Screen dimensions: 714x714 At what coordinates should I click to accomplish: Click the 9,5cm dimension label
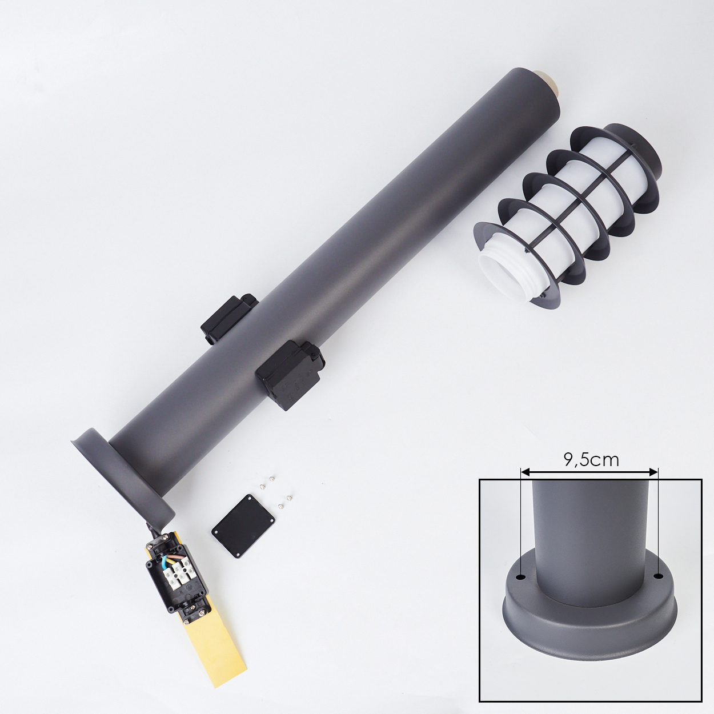(x=591, y=460)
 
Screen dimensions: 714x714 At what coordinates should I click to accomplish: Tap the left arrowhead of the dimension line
(x=525, y=472)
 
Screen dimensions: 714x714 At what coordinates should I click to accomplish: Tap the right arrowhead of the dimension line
(x=654, y=472)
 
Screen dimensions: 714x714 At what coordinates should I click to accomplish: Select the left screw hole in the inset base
(x=522, y=578)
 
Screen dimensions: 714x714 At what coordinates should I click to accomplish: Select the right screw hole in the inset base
(x=657, y=576)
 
